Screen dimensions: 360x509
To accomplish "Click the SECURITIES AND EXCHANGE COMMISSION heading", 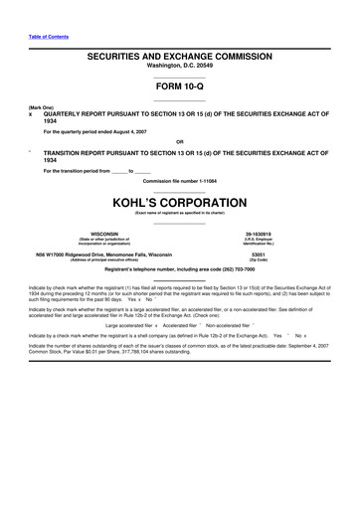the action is (180, 60).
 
